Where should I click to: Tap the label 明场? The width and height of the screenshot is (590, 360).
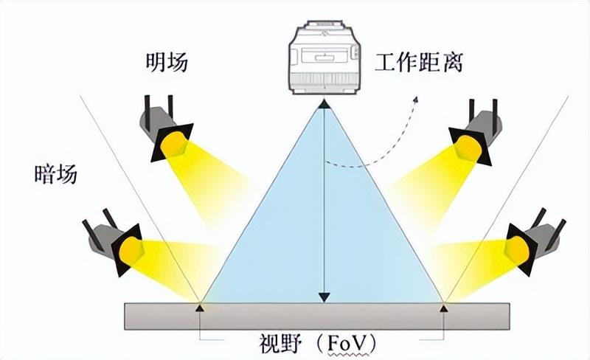coord(166,63)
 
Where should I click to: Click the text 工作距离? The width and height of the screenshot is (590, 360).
coord(418,63)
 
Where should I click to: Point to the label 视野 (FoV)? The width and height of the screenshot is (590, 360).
coord(319,342)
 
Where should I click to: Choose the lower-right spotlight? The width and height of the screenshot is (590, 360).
coord(535,239)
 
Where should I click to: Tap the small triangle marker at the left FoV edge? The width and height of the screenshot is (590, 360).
coord(200,307)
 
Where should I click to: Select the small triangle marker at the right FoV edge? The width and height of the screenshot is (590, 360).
coord(444,307)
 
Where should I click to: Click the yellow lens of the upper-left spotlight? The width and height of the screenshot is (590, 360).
coord(176,144)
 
